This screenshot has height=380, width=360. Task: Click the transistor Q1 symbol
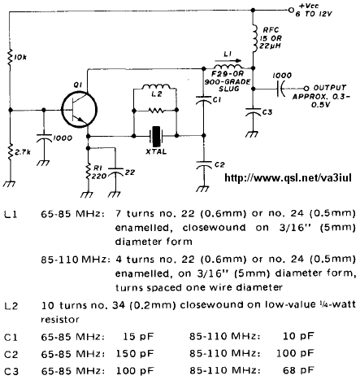click(79, 109)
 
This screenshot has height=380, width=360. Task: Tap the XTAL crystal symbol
click(156, 136)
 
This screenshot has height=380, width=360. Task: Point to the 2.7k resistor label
click(23, 152)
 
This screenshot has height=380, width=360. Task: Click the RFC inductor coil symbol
click(254, 38)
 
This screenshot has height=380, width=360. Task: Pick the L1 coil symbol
click(228, 67)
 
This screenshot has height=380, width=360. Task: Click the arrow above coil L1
click(228, 61)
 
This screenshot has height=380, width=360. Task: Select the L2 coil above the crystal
click(156, 86)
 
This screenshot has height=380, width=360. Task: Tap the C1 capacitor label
click(217, 100)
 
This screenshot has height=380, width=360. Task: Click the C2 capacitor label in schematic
click(219, 165)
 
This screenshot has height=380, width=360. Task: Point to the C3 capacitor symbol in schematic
click(253, 111)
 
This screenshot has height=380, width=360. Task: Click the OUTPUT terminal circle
click(306, 89)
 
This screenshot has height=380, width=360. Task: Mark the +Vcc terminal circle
click(291, 11)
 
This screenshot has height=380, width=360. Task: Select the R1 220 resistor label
click(98, 173)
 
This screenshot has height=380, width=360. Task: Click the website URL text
click(288, 178)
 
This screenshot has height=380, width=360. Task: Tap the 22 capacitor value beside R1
click(130, 173)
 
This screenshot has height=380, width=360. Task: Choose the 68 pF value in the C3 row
click(298, 369)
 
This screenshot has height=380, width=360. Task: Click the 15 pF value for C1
click(138, 336)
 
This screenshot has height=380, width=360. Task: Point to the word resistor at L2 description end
click(60, 320)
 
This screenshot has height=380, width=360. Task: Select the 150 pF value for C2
click(135, 353)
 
